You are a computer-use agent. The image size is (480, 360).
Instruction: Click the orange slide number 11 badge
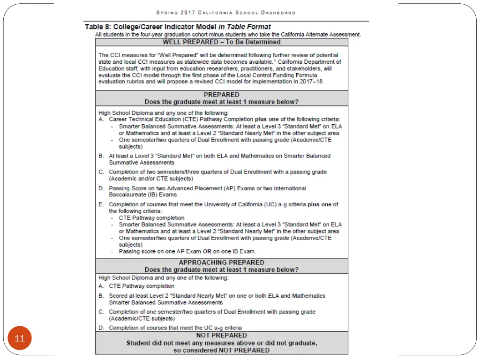20,338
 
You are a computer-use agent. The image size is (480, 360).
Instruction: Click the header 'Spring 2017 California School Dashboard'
226,13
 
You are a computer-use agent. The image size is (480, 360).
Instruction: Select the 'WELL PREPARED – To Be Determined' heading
222,42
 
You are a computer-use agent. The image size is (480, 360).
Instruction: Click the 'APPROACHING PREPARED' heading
222,262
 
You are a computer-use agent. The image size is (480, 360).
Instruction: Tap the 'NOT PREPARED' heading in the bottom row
222,335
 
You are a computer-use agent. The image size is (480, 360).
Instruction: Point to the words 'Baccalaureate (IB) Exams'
143,195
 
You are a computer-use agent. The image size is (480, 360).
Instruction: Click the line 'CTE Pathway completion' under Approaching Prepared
142,286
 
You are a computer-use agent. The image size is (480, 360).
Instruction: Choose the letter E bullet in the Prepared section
101,204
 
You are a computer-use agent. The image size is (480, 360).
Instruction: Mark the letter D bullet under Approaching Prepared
101,328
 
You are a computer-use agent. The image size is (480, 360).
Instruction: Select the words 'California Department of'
309,62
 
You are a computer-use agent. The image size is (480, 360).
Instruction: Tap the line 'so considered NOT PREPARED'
222,350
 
